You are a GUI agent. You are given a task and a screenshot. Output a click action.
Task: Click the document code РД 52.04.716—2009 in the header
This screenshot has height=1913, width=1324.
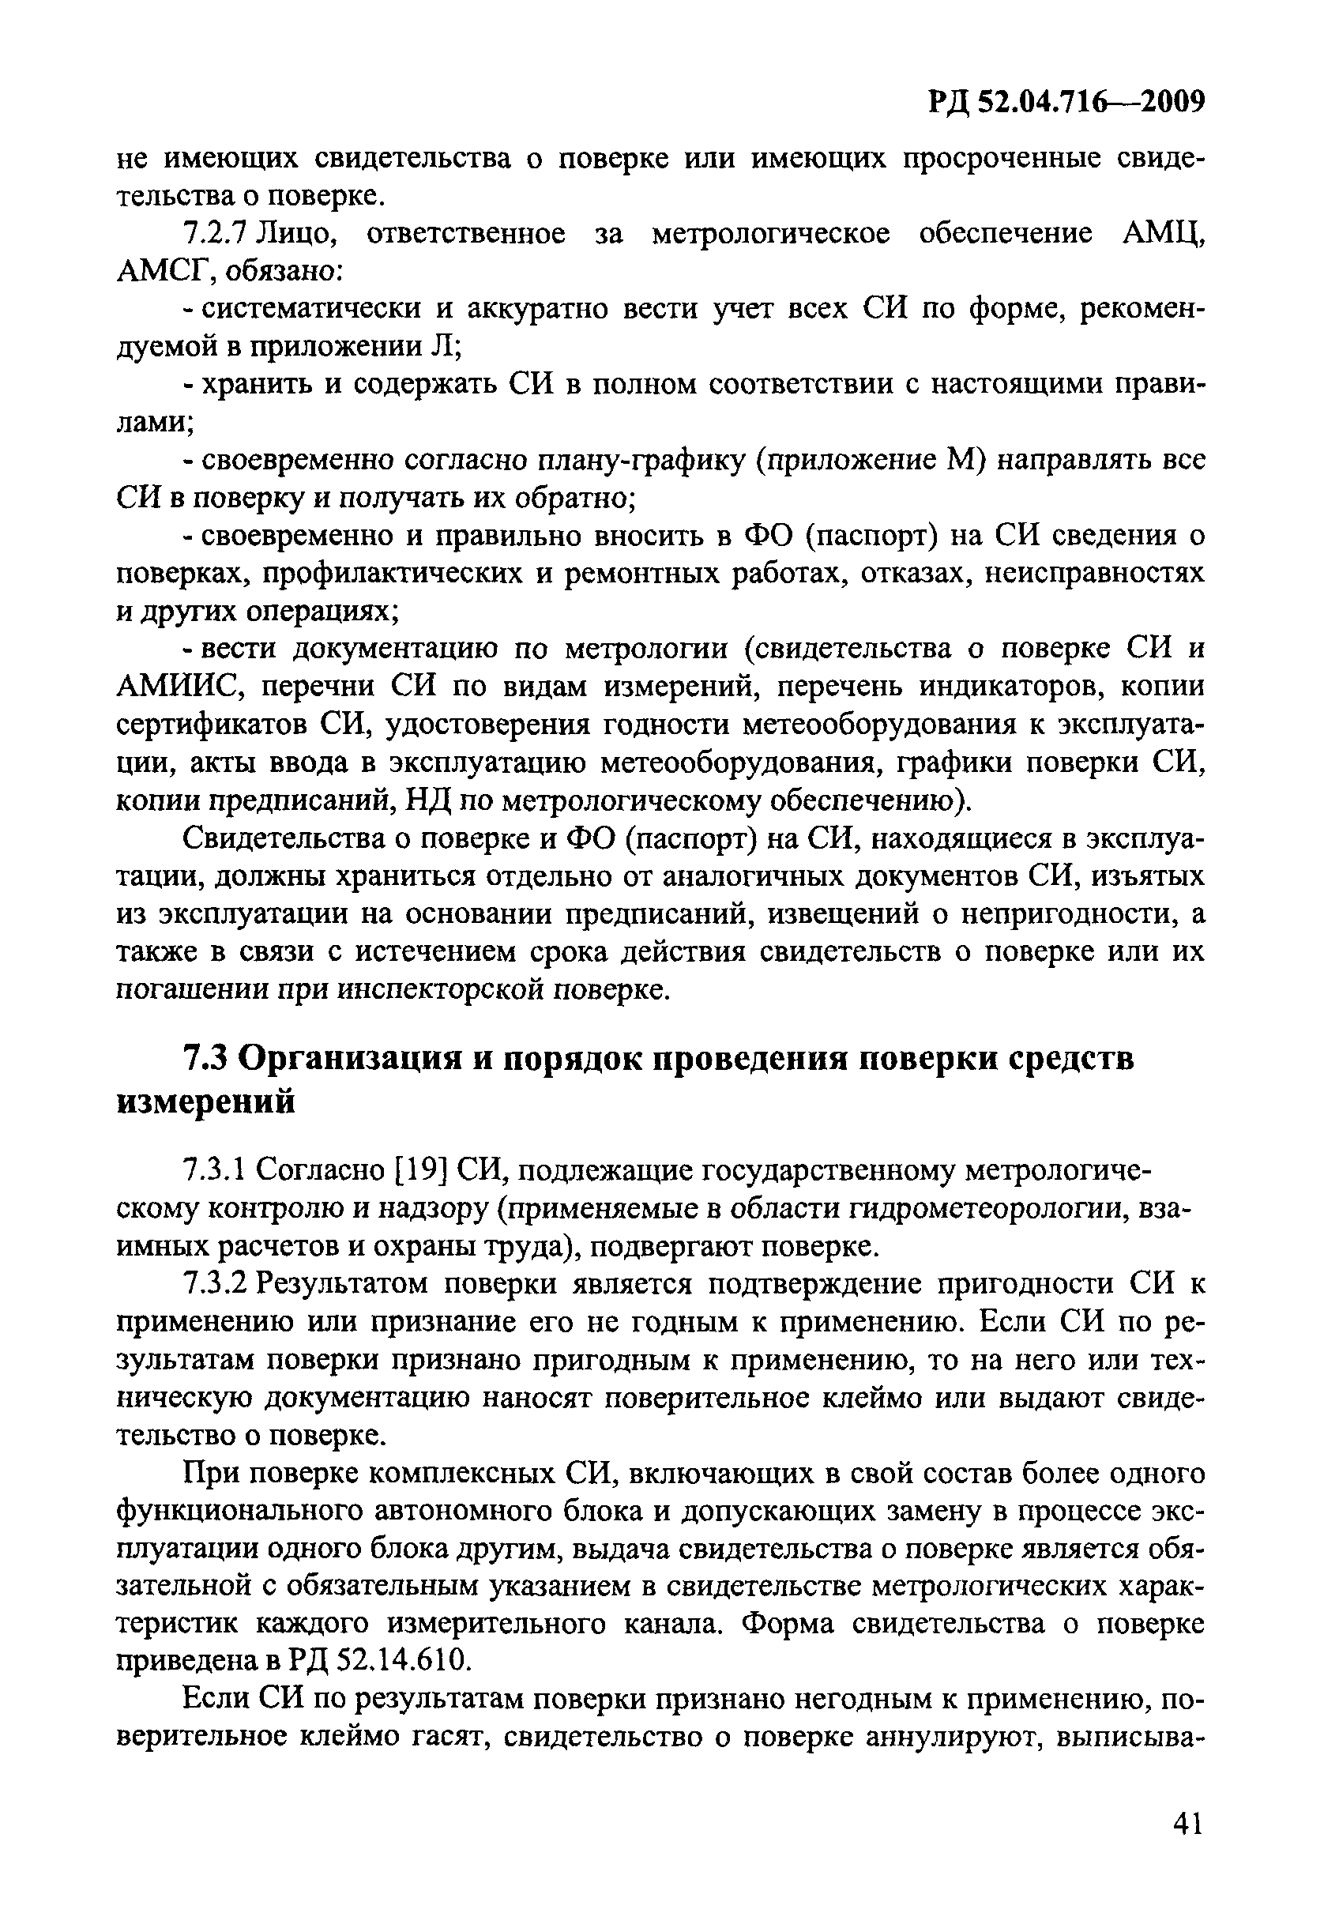1065,103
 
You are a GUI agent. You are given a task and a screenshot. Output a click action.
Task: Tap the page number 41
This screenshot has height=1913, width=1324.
1187,1825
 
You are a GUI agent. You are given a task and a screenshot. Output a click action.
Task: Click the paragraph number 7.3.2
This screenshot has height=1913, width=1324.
215,1285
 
